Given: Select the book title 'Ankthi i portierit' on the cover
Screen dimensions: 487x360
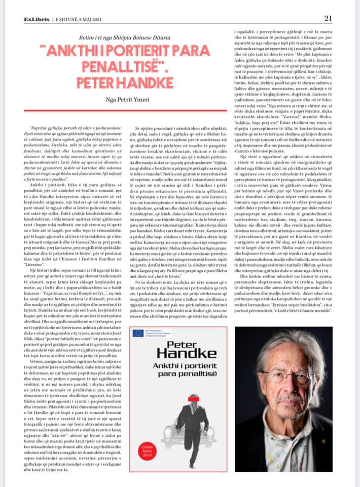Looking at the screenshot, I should click(x=177, y=366).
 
